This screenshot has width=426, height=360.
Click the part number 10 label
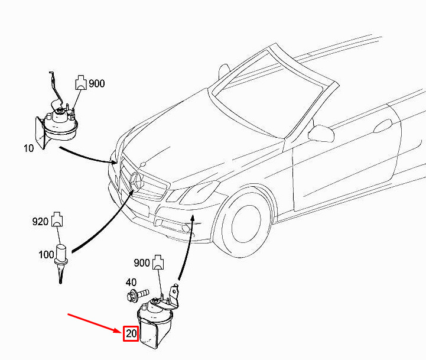[28, 148]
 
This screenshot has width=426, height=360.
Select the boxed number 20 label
[131, 333]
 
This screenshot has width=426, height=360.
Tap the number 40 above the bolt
[131, 282]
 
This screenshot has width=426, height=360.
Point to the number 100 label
[46, 255]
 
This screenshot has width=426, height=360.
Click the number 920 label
[40, 221]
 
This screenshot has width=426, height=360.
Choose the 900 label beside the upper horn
[97, 83]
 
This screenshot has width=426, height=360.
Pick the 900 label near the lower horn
[142, 262]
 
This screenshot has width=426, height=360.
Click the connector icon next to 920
[57, 219]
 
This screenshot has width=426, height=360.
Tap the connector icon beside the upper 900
[81, 82]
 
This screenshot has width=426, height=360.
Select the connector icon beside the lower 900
[158, 262]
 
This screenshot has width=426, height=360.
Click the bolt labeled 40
[138, 295]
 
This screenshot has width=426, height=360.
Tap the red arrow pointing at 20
[95, 323]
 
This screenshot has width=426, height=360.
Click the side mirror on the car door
[321, 132]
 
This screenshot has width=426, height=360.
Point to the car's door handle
[383, 126]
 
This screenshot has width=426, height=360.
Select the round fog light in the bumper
[186, 228]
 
